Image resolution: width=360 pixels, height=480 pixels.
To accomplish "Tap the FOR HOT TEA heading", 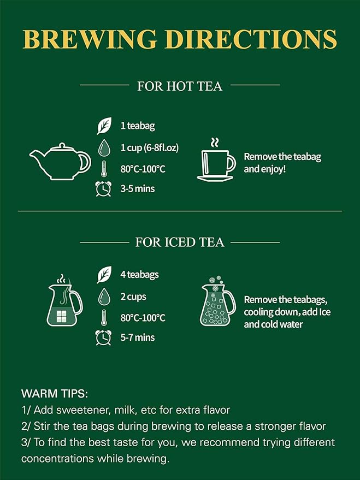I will tap(180, 86).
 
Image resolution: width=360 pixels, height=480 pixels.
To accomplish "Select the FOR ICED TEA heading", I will tap(180, 242).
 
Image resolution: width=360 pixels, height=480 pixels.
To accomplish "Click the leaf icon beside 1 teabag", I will tap(104, 126).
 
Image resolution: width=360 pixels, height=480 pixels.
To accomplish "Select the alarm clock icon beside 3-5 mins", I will tap(103, 188).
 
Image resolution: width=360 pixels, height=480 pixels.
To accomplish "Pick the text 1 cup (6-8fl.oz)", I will tap(150, 147).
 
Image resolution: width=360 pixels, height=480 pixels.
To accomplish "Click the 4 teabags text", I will tap(140, 275).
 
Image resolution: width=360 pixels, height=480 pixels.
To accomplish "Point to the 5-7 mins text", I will tap(138, 337).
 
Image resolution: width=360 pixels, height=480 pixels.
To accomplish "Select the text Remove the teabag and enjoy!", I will tap(282, 163).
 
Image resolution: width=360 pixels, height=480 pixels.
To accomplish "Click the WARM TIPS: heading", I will tap(55, 393).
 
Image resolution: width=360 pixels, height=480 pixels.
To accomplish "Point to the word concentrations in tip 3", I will tap(58, 458).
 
